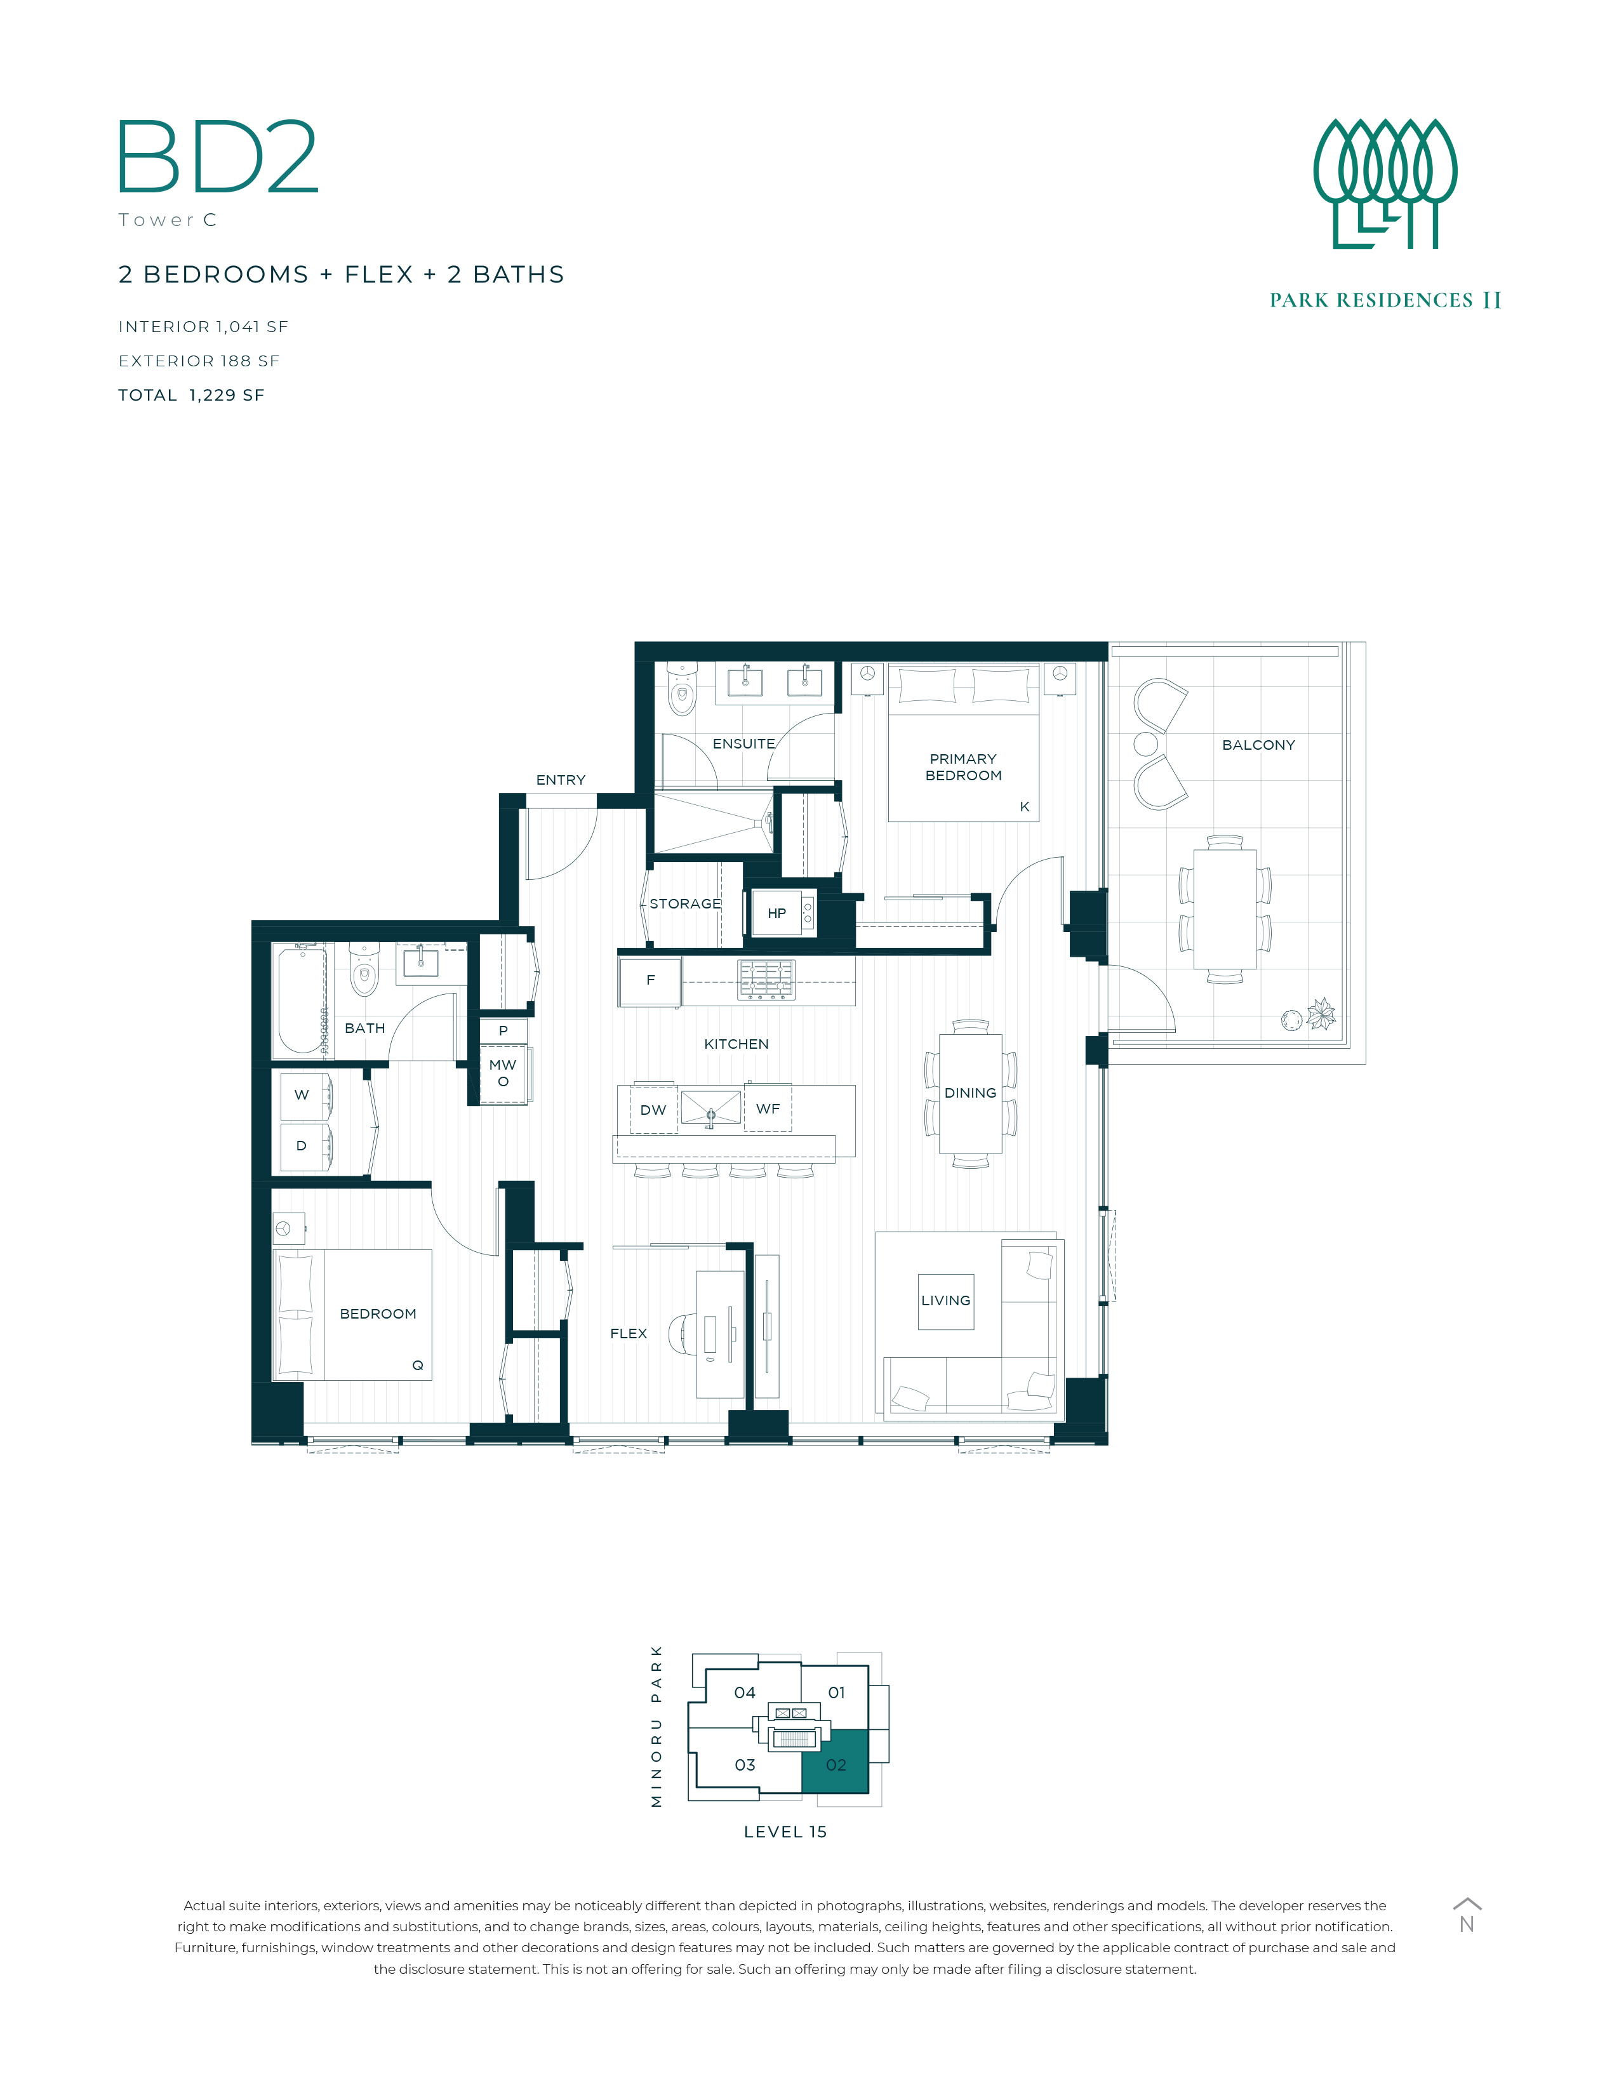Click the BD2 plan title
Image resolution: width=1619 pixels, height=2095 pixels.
(x=218, y=157)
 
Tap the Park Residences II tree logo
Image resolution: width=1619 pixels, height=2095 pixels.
(x=1385, y=183)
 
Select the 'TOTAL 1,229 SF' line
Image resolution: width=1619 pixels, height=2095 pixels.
(x=191, y=396)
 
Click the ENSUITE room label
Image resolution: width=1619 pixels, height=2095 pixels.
(x=743, y=743)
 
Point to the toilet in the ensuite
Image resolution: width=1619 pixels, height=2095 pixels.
(x=681, y=689)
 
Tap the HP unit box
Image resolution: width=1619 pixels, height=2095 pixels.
(x=783, y=912)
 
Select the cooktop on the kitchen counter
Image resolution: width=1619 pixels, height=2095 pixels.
(x=766, y=980)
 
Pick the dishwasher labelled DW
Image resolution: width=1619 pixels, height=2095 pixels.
(x=653, y=1110)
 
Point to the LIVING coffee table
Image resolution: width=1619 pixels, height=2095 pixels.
(x=946, y=1301)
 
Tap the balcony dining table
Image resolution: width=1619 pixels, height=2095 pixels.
(x=1225, y=909)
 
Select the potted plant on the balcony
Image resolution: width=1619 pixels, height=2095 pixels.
(x=1322, y=1014)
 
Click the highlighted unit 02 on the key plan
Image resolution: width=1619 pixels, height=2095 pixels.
(x=836, y=1763)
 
